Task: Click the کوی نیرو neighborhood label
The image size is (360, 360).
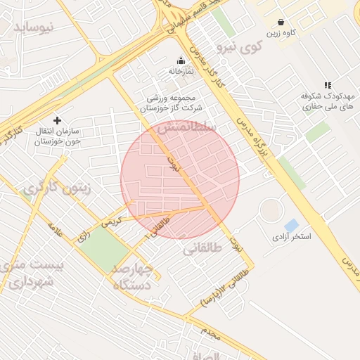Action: [x=239, y=48]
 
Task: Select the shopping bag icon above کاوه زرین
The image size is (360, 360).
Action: [x=281, y=22]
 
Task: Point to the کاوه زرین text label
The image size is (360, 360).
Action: [x=281, y=33]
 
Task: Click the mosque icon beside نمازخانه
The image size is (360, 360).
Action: [x=181, y=60]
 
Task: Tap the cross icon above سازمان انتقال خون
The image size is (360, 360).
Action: [x=58, y=120]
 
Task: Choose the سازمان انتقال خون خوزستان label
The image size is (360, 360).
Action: [x=58, y=136]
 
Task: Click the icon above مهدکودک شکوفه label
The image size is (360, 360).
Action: [x=327, y=85]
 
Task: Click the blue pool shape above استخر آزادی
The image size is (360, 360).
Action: [x=291, y=225]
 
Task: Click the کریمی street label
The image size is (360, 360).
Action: [x=112, y=220]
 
